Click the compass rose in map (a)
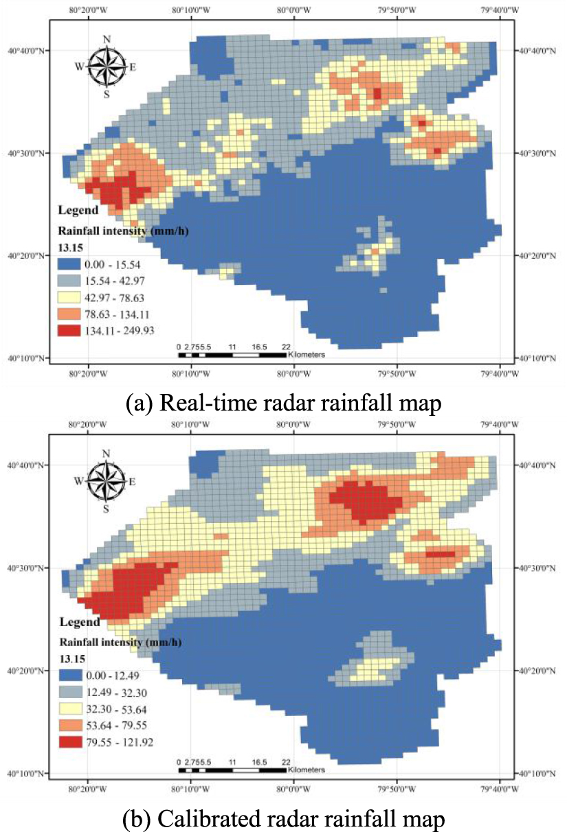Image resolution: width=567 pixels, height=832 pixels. click(x=106, y=67)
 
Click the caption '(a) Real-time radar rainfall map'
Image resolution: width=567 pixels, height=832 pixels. click(x=282, y=402)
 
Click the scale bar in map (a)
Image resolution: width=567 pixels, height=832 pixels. click(x=232, y=355)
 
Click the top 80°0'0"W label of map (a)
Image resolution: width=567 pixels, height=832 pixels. click(x=294, y=11)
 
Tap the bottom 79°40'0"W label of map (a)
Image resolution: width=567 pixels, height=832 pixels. click(x=498, y=375)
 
